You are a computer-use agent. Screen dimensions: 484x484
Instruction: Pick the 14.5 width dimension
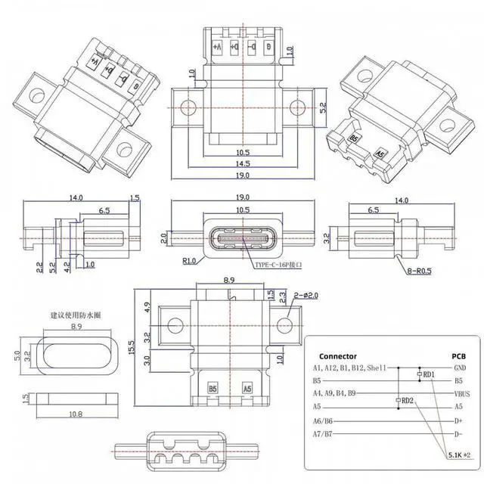[x=242, y=163]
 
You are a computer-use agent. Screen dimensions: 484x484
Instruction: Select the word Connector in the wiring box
[x=338, y=355]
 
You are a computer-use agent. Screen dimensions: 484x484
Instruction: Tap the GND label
[x=459, y=368]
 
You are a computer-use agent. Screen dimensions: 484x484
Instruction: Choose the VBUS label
[x=461, y=393]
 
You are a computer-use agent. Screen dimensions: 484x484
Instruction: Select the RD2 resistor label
[x=407, y=400]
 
